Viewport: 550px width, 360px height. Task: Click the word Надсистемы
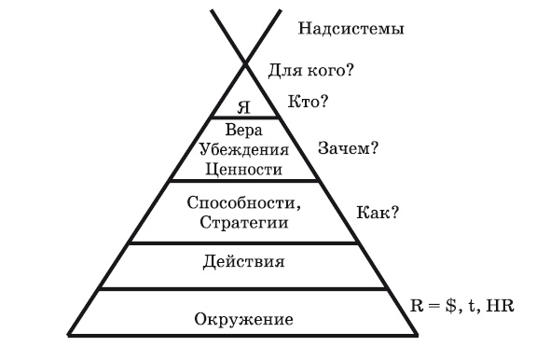coord(351,29)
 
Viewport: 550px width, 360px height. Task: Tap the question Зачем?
coord(349,147)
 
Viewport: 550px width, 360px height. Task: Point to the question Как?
coord(378,212)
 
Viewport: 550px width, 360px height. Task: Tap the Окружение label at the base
coord(244,320)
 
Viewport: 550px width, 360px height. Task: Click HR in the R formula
coord(502,305)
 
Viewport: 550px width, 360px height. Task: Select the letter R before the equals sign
coord(418,305)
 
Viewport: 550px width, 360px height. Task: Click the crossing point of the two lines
coord(246,62)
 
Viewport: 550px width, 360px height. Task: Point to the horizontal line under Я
coord(246,117)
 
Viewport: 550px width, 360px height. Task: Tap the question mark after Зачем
coord(375,147)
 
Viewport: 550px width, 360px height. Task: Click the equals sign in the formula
coord(435,306)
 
